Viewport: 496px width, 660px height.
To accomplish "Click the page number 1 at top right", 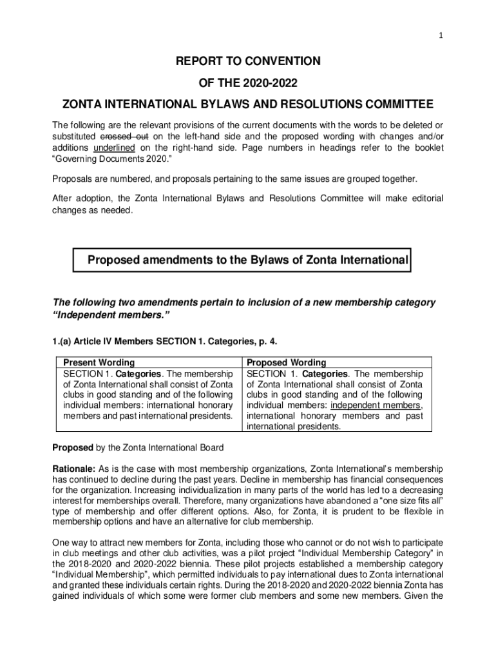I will click(441, 36).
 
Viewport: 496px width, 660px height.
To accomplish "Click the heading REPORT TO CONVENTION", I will click(247, 61).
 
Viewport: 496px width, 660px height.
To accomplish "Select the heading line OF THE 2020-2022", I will click(247, 83).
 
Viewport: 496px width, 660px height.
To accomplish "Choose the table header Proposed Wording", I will click(287, 363).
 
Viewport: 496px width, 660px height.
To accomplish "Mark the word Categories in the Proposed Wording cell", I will click(325, 374).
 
